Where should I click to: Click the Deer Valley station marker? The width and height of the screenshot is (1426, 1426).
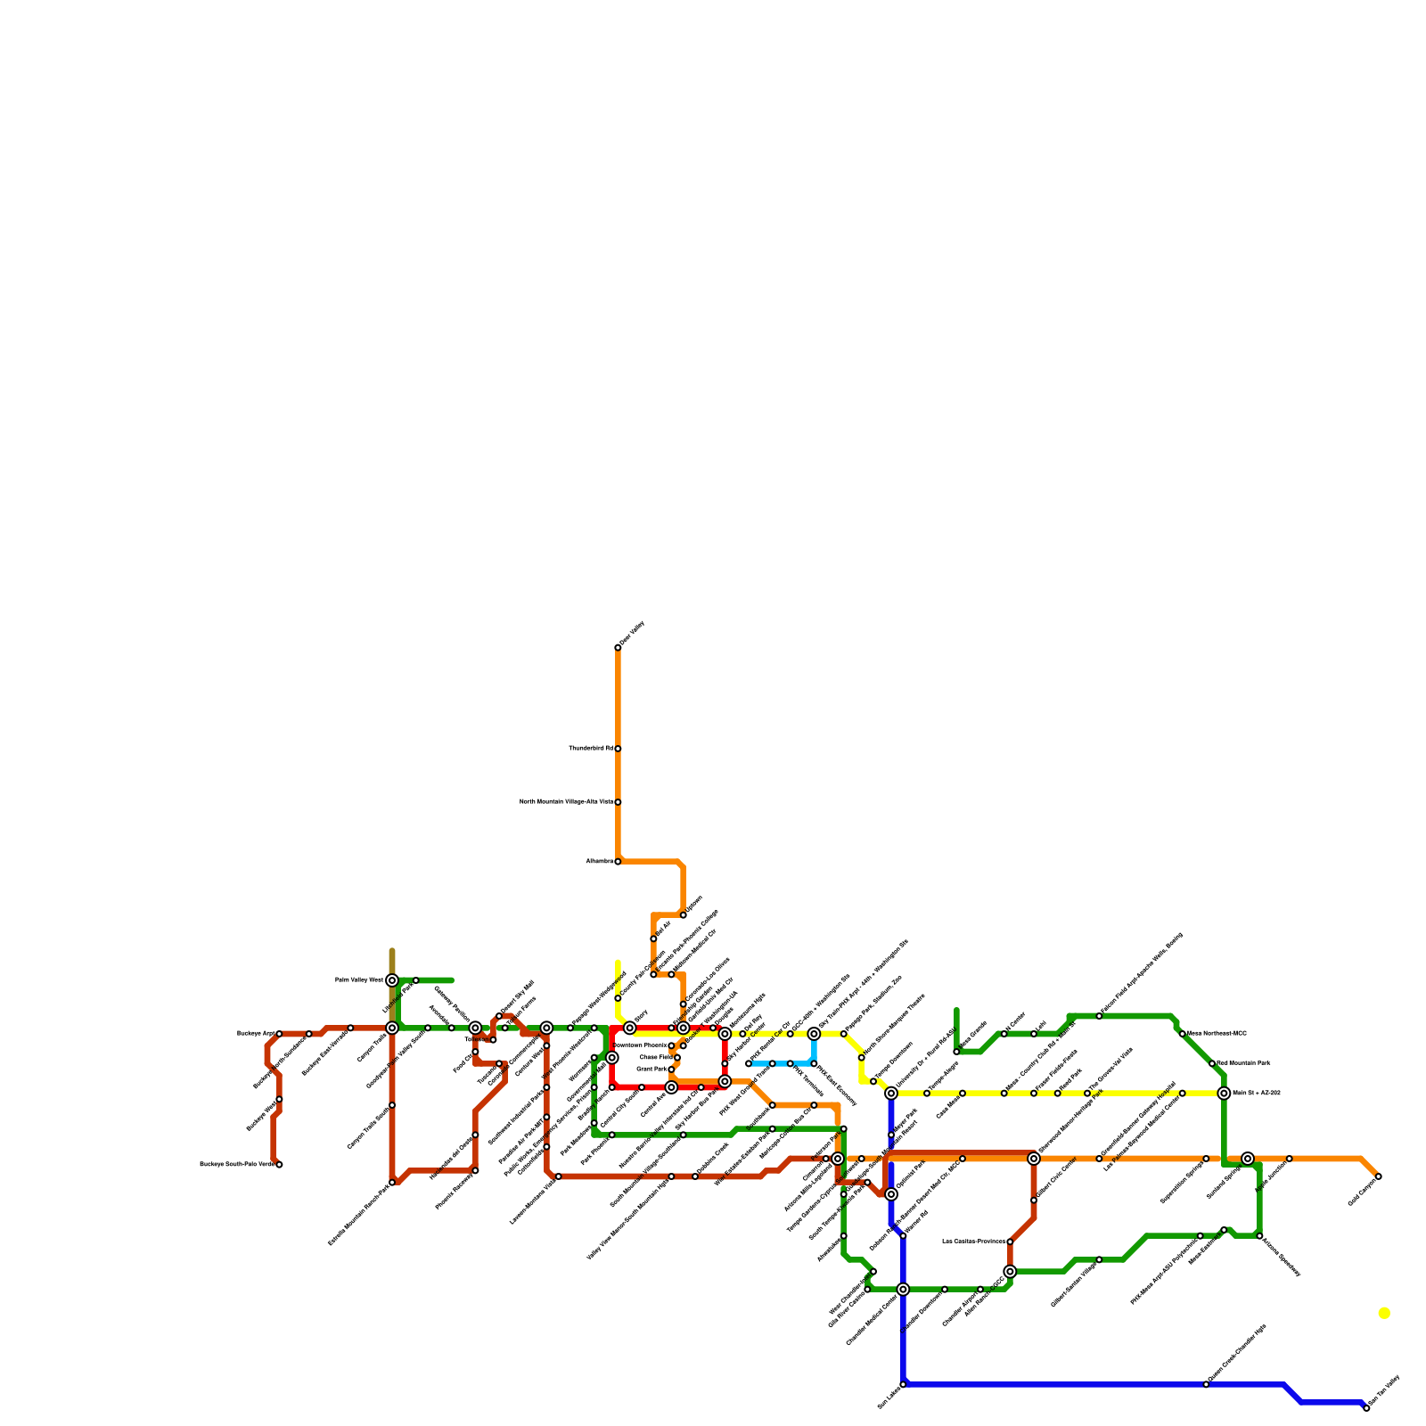click(618, 647)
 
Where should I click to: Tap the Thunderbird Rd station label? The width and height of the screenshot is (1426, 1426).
click(590, 748)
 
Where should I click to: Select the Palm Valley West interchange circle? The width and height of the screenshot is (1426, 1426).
click(392, 980)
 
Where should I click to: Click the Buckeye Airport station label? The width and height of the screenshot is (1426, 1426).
click(256, 1033)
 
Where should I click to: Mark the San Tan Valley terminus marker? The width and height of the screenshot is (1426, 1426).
click(1366, 1407)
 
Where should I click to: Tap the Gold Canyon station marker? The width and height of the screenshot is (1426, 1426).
click(1379, 1176)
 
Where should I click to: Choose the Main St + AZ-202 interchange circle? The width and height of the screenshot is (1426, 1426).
click(1225, 1093)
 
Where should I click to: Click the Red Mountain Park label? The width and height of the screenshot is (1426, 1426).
click(1242, 1063)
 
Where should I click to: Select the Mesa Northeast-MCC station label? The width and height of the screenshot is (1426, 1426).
click(1217, 1033)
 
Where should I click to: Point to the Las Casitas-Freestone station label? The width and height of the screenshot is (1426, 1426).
click(973, 1241)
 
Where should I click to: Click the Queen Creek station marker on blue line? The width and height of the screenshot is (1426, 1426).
click(1206, 1384)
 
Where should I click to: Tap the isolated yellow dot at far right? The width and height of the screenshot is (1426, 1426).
click(1383, 1313)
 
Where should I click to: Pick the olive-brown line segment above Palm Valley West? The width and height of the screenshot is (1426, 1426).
click(392, 963)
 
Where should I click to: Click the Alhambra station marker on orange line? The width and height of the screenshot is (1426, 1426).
click(618, 862)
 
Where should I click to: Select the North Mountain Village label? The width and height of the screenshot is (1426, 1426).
click(566, 801)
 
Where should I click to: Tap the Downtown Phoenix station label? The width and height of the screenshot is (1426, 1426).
click(640, 1045)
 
